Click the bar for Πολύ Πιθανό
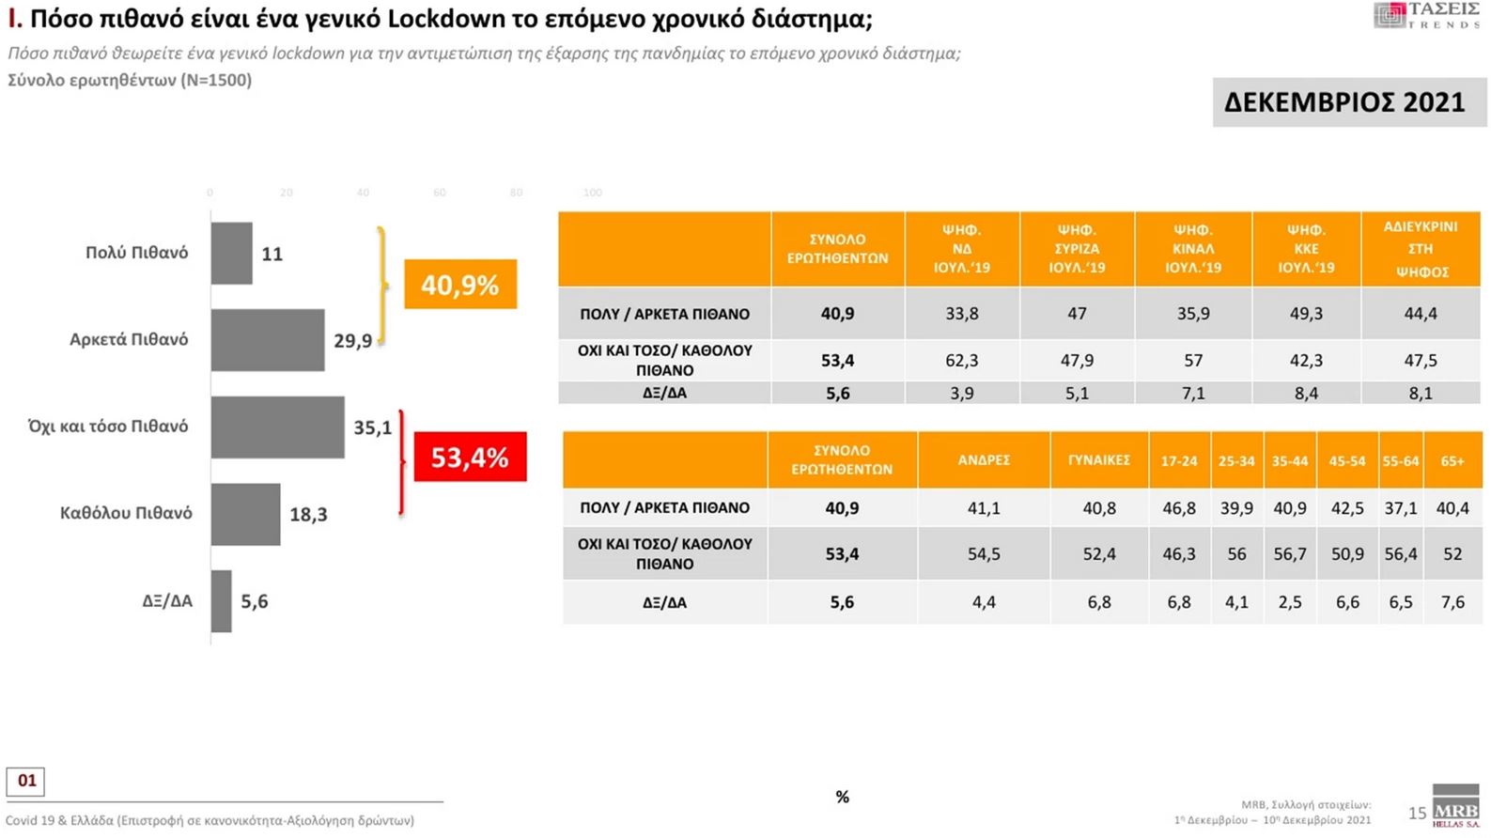pos(231,253)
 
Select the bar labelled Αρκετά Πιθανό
pos(267,340)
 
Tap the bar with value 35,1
pos(277,427)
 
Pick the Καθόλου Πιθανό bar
pos(245,514)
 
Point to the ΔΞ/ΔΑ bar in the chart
pos(221,601)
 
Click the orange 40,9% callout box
pos(460,284)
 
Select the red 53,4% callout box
pos(470,457)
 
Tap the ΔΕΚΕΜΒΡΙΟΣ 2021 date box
pos(1344,101)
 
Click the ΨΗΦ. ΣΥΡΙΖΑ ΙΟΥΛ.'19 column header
pos(1077,249)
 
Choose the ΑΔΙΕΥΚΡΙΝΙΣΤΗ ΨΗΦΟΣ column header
pos(1421,249)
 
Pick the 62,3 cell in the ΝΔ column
pos(961,360)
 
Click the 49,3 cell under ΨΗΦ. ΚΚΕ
pos(1306,314)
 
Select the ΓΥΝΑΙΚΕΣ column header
pos(1098,460)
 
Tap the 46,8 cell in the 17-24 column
pos(1179,508)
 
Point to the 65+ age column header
pos(1452,460)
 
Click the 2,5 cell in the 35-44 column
pos(1290,602)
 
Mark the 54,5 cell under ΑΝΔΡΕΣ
pos(984,554)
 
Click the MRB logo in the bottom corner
pos(1455,808)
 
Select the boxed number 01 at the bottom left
pos(26,781)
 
